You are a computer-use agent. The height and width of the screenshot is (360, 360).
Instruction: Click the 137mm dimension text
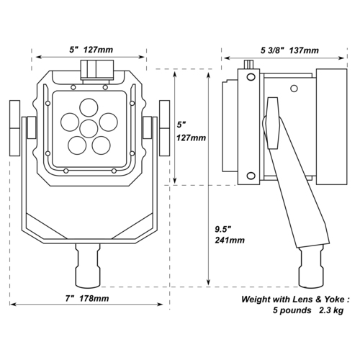[304, 50]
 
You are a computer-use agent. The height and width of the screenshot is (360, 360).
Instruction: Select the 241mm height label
[230, 240]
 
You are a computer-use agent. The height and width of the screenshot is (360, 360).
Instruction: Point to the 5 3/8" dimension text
[273, 50]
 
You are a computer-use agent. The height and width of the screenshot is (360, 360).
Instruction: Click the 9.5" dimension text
[222, 229]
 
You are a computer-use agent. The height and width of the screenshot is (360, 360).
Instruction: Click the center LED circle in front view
[89, 129]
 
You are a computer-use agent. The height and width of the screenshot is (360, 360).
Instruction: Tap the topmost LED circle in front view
[89, 108]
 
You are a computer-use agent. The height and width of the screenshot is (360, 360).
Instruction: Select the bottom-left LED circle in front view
[77, 145]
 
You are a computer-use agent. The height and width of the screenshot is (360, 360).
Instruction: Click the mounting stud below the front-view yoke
[88, 266]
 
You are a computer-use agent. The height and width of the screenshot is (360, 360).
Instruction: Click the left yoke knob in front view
[15, 128]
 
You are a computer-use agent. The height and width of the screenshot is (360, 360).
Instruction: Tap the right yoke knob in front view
[164, 128]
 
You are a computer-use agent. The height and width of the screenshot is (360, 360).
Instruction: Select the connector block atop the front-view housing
[97, 70]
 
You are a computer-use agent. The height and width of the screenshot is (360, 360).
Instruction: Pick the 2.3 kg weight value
[331, 310]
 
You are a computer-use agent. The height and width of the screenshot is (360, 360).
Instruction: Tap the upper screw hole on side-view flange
[251, 77]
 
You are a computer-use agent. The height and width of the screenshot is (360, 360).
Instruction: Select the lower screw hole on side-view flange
[251, 176]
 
